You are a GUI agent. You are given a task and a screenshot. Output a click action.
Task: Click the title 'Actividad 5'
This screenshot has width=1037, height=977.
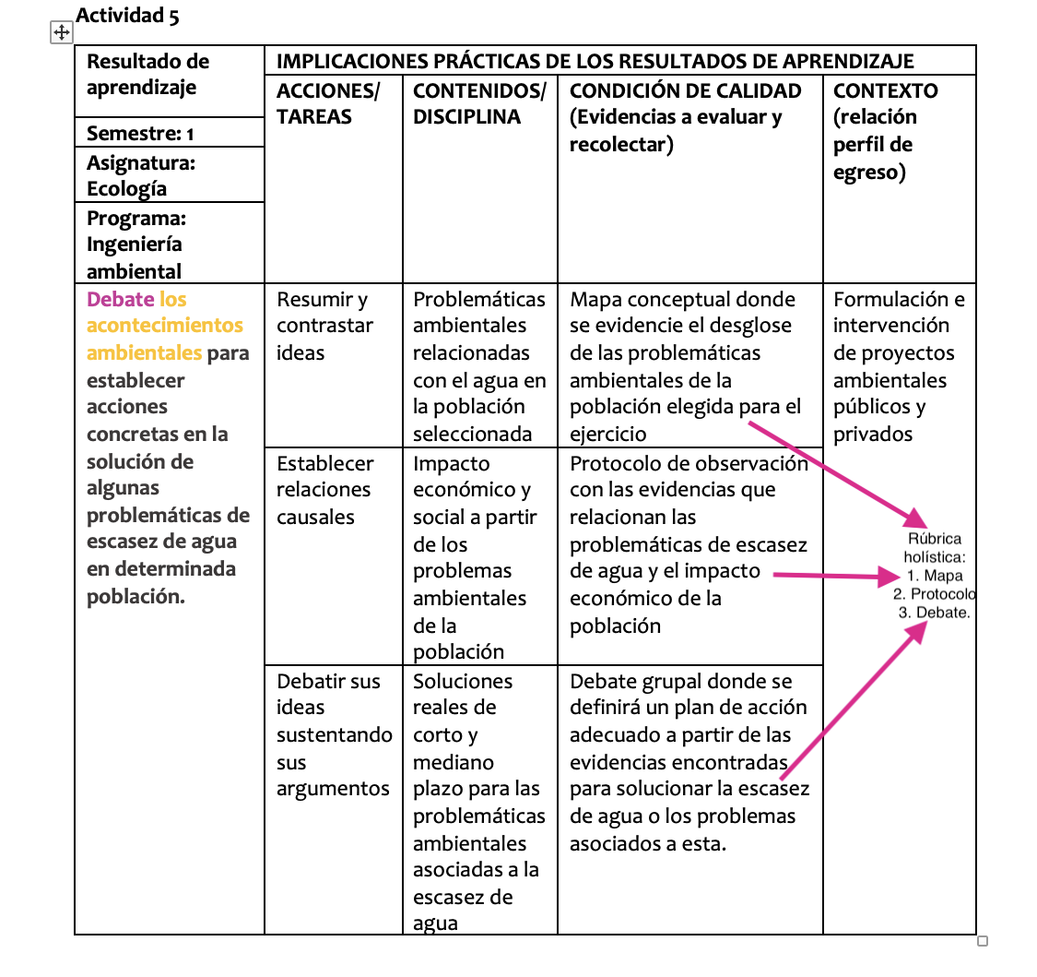127,16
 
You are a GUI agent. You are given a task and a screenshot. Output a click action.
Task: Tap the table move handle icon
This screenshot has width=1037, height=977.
61,33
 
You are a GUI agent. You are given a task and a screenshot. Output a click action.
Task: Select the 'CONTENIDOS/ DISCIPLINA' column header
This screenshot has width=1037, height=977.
478,103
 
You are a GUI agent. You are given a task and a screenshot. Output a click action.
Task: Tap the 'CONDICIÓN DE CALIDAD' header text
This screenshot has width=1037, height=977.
686,90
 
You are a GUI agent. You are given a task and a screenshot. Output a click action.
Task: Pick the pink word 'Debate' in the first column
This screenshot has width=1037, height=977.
120,299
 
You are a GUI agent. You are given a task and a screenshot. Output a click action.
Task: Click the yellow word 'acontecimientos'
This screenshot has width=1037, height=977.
165,326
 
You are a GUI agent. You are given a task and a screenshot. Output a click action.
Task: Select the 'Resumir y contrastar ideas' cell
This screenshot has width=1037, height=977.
324,326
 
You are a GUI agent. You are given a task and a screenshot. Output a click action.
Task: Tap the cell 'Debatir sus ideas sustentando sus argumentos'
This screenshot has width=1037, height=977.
333,735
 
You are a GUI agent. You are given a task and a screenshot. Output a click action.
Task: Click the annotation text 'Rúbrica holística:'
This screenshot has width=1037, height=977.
935,548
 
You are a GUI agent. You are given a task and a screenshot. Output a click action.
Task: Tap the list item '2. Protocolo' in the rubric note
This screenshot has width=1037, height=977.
935,594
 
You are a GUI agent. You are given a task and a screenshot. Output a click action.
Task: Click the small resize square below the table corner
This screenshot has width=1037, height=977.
982,941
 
